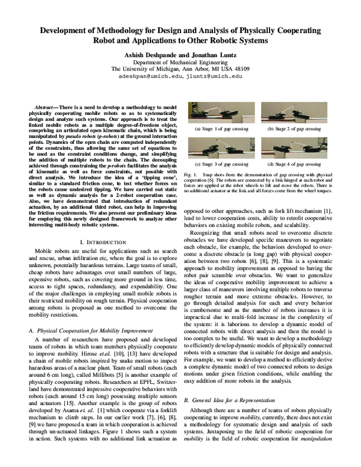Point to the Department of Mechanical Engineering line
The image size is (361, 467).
pos(180,61)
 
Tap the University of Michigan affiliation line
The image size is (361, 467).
pos(180,69)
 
